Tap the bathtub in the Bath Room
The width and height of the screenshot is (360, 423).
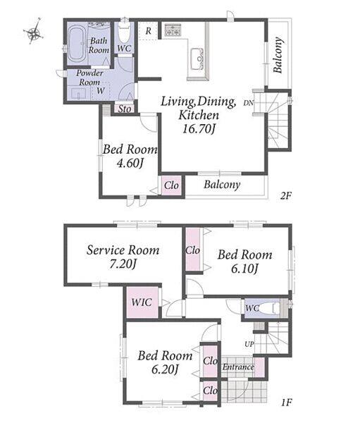[x=77, y=44]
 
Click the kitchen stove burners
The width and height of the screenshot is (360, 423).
[x=173, y=30]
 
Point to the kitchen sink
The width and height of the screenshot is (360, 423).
[x=197, y=59]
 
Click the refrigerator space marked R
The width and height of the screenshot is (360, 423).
[x=148, y=30]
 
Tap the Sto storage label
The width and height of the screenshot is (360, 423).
[x=125, y=109]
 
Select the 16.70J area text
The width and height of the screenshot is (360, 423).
[x=199, y=129]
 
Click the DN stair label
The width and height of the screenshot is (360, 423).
[x=249, y=102]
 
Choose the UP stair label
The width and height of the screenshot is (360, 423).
[x=249, y=344]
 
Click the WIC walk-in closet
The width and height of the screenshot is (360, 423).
[x=142, y=302]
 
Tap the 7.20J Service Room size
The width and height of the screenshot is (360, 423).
[x=123, y=264]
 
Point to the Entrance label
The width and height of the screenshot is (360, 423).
[x=238, y=367]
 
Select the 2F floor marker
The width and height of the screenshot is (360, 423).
[x=286, y=195]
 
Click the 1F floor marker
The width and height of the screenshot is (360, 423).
[x=287, y=403]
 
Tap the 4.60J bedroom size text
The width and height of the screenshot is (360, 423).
[x=130, y=164]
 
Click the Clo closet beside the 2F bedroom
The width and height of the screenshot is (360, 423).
[x=171, y=185]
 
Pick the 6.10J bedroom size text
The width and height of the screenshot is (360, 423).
[x=245, y=269]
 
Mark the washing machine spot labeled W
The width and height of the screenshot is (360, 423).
[x=101, y=91]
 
